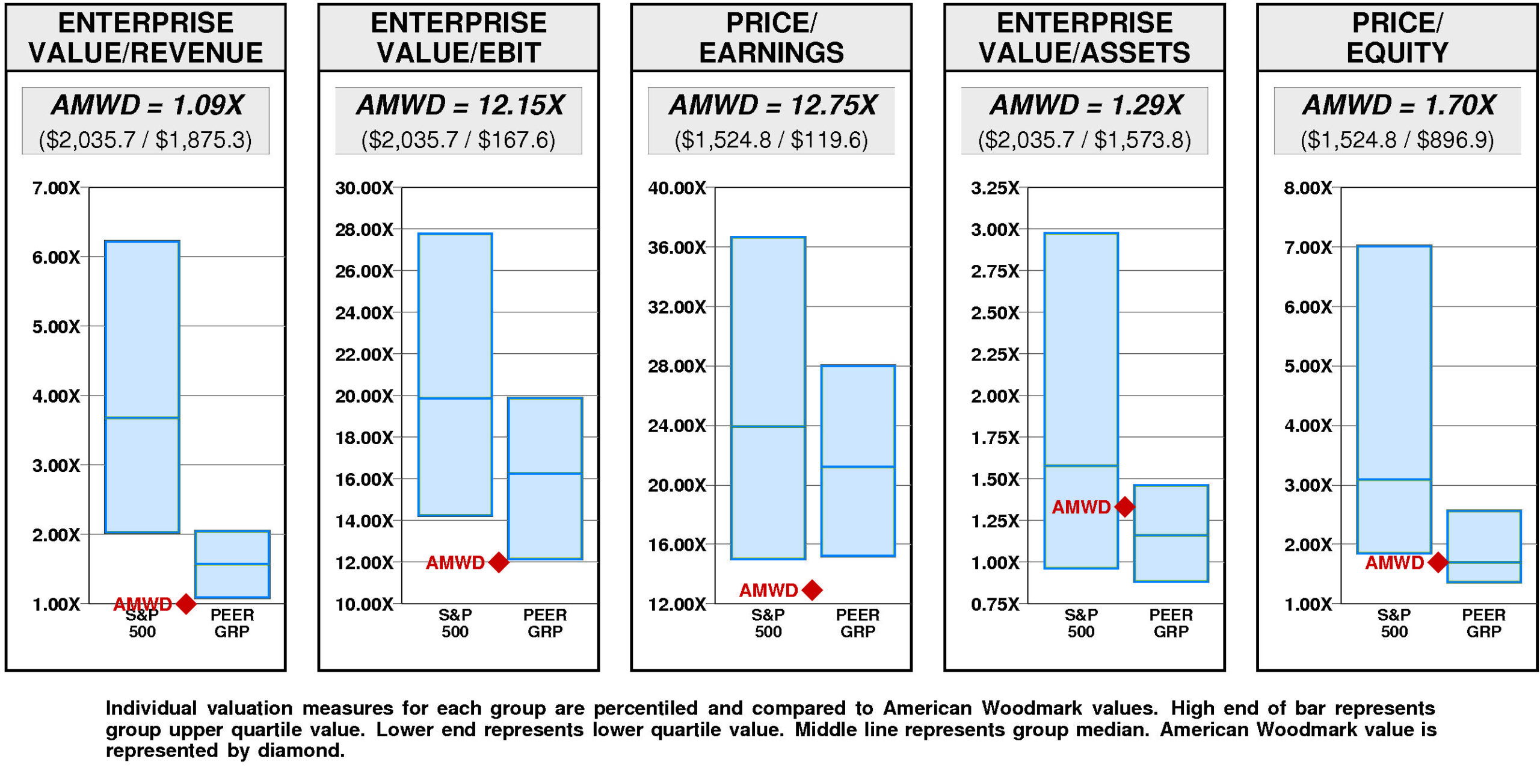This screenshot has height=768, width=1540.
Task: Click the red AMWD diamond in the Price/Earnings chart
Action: (812, 590)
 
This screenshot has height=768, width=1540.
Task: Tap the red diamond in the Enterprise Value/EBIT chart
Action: (499, 562)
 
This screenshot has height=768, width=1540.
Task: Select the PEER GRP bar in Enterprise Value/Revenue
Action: (232, 564)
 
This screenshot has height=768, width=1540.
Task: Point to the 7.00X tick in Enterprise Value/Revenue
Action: (55, 188)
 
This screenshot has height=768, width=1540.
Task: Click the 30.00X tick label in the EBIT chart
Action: (364, 188)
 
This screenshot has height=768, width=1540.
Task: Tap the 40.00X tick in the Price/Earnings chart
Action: (677, 188)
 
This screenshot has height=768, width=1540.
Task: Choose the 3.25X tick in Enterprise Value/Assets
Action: (995, 188)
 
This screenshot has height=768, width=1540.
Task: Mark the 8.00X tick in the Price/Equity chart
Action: (1308, 188)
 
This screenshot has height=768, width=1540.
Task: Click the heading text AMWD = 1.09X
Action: (147, 105)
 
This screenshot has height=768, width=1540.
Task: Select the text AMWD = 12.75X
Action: (772, 105)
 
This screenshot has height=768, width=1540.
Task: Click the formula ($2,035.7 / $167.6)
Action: (458, 140)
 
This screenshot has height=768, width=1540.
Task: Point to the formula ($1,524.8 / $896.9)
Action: (1397, 140)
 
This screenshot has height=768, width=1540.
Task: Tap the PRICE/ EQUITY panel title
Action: (1397, 37)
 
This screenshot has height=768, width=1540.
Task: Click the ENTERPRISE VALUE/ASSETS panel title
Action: (1084, 37)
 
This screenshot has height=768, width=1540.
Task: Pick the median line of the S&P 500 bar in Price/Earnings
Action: (768, 426)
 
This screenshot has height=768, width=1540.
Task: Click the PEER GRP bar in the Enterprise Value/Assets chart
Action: (1171, 533)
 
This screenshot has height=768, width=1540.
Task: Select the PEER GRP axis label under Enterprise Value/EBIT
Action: (545, 623)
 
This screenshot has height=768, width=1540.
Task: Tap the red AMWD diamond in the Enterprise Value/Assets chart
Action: (1124, 507)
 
